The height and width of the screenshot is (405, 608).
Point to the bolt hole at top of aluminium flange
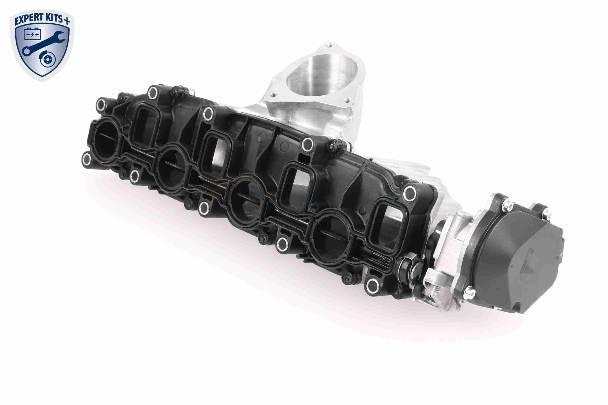(329, 46)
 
